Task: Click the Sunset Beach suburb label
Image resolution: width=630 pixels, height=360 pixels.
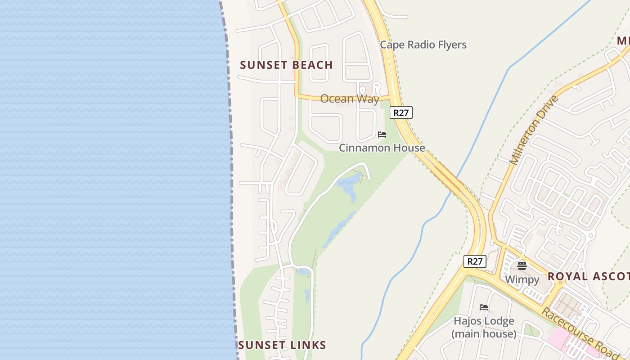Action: pos(286,65)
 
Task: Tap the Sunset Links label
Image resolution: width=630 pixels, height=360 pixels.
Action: pos(282,345)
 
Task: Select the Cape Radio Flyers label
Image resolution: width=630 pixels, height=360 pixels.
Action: pos(423,45)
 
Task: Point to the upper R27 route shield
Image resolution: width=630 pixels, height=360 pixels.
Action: pos(401,112)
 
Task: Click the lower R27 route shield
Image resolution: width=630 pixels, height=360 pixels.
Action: pos(475,261)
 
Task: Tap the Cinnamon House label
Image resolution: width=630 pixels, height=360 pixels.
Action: pos(382,148)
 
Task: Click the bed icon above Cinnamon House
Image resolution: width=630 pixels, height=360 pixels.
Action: pos(382,135)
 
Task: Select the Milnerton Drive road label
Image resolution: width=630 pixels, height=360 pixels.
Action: pos(533,130)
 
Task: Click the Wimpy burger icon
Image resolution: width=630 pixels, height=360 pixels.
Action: pos(522,265)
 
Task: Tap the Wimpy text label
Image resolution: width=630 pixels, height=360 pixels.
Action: pos(522,279)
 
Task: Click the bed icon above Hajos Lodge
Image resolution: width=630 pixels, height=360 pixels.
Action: pos(484,307)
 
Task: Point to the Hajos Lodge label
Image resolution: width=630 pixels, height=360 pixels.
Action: pos(484,321)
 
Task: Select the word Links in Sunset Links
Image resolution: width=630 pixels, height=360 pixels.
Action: pos(308,345)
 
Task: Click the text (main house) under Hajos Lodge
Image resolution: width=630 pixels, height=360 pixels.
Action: pos(484,334)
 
